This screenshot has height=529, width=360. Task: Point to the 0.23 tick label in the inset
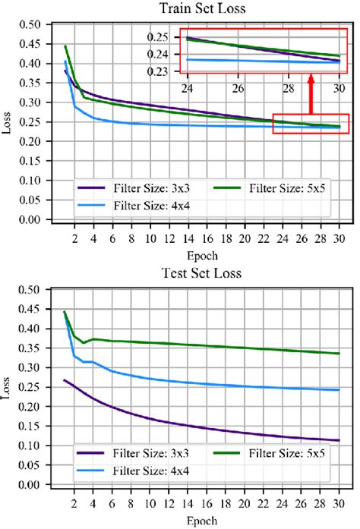[165, 72]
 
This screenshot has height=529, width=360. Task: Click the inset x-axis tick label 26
[238, 87]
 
